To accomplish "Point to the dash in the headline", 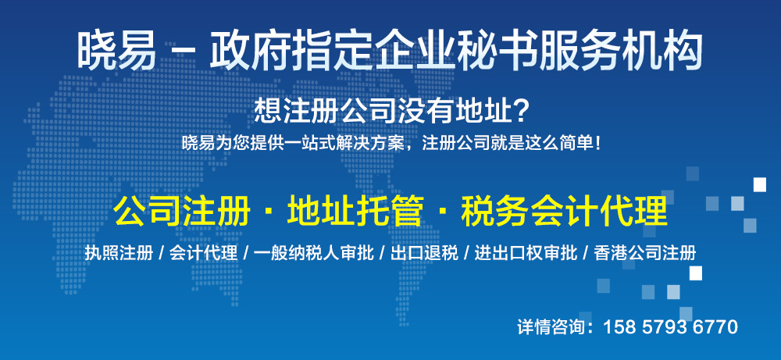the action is click(x=183, y=52).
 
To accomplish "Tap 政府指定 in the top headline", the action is click(x=291, y=51).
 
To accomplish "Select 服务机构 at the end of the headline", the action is click(x=621, y=51).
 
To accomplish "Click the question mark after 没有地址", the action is click(x=519, y=112).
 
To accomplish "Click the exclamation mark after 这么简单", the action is click(x=597, y=144).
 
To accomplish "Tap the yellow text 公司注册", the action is click(x=182, y=212).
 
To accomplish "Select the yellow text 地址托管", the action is click(x=355, y=212).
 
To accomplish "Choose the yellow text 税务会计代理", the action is click(x=565, y=212).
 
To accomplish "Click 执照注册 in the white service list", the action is click(x=119, y=254).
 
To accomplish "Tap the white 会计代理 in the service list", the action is click(x=203, y=254).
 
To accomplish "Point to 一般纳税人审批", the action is click(x=313, y=254).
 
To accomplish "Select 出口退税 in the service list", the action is click(x=424, y=254).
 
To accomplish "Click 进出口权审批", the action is click(x=526, y=254).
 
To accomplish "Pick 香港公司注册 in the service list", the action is click(x=645, y=254).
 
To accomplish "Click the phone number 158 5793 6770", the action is click(x=670, y=328).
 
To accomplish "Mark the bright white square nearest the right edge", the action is click(x=760, y=185).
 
